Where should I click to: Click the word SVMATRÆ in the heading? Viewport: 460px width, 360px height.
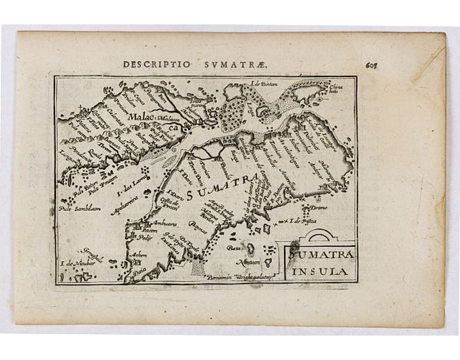click(204, 64)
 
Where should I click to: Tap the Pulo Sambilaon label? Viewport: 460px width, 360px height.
click(79, 208)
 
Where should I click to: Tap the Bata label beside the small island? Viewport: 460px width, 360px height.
click(232, 248)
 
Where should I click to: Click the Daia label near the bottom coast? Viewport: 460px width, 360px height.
click(140, 270)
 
